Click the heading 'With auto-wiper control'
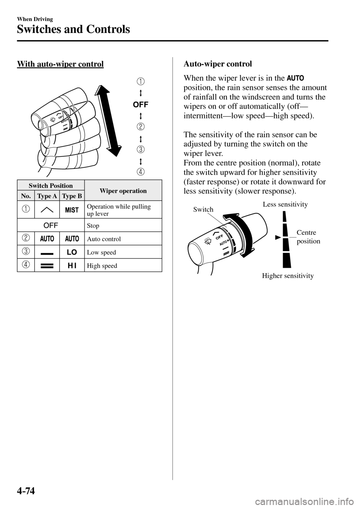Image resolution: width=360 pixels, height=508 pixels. (60, 64)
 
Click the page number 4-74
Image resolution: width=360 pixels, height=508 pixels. (26, 491)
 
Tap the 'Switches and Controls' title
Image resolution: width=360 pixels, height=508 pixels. (73, 29)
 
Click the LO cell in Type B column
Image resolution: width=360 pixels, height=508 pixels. (72, 252)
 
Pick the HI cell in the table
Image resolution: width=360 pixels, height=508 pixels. (72, 266)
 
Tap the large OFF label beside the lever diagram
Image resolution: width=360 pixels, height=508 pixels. (141, 105)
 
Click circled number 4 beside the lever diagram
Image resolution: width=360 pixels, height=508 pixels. (141, 172)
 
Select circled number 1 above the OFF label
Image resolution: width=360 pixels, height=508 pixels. (141, 81)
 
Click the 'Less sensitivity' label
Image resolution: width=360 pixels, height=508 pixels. (285, 205)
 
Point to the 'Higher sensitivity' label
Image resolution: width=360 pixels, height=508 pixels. (288, 276)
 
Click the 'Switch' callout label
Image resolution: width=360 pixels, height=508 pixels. (203, 209)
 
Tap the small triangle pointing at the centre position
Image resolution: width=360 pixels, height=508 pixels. (278, 238)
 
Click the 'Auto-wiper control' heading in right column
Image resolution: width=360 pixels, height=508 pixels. (217, 64)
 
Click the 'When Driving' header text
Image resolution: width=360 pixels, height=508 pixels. (35, 19)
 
